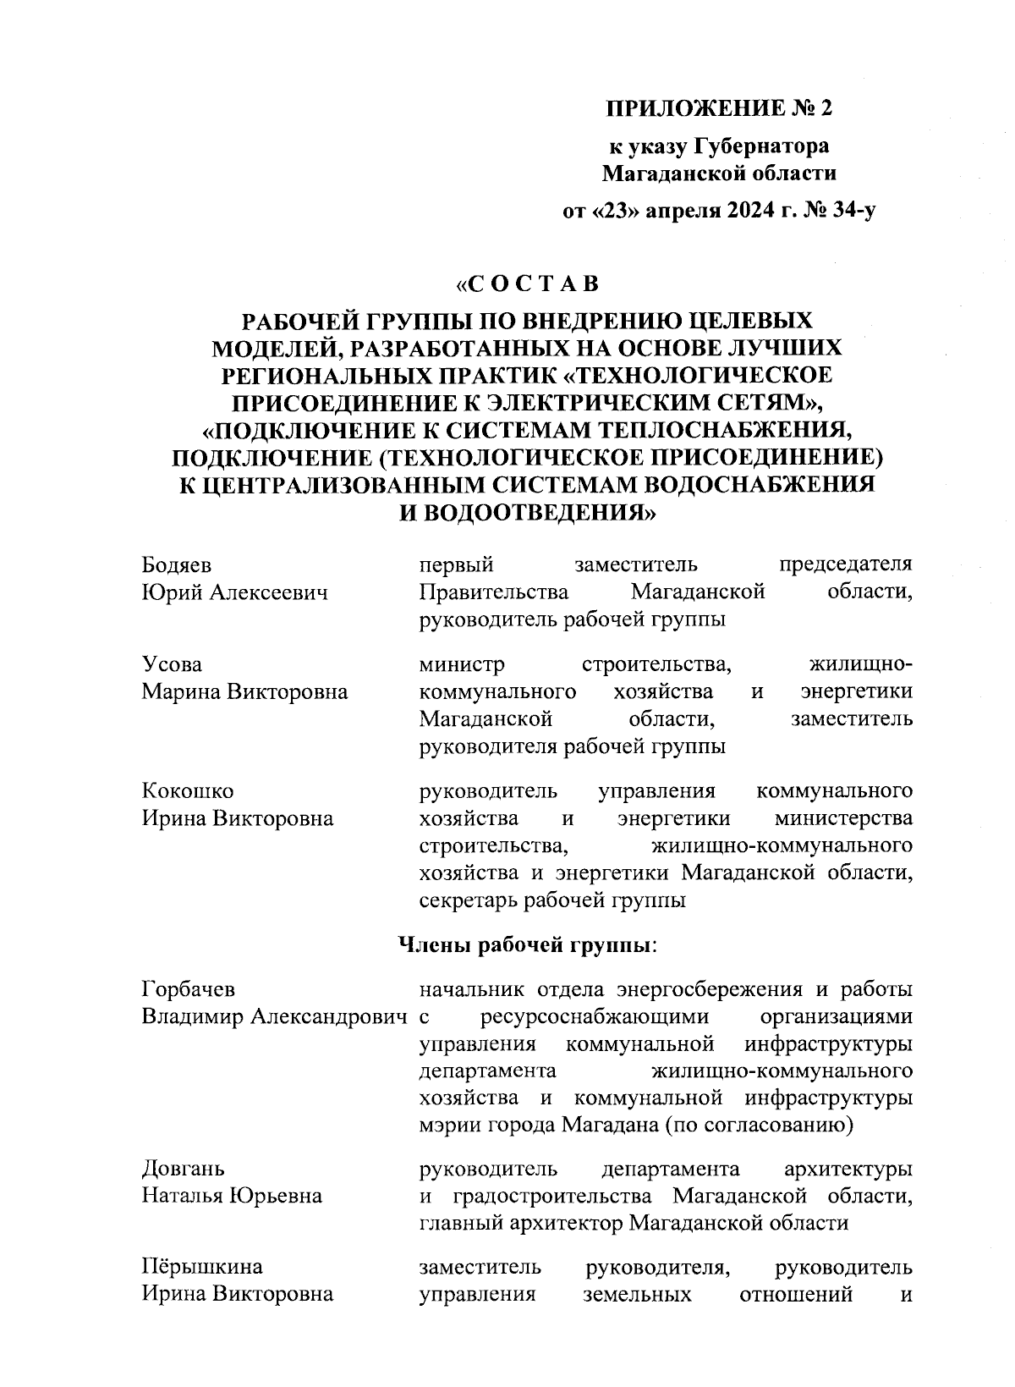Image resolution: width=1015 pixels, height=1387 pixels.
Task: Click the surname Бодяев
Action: click(176, 565)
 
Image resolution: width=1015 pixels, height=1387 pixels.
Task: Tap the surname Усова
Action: click(172, 664)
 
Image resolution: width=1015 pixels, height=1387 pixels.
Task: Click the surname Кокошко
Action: click(187, 791)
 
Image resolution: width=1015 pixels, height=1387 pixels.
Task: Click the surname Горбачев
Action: click(189, 988)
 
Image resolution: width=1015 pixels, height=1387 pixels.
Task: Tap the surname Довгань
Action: click(183, 1170)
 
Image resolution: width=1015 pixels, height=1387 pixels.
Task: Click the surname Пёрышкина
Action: click(201, 1267)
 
